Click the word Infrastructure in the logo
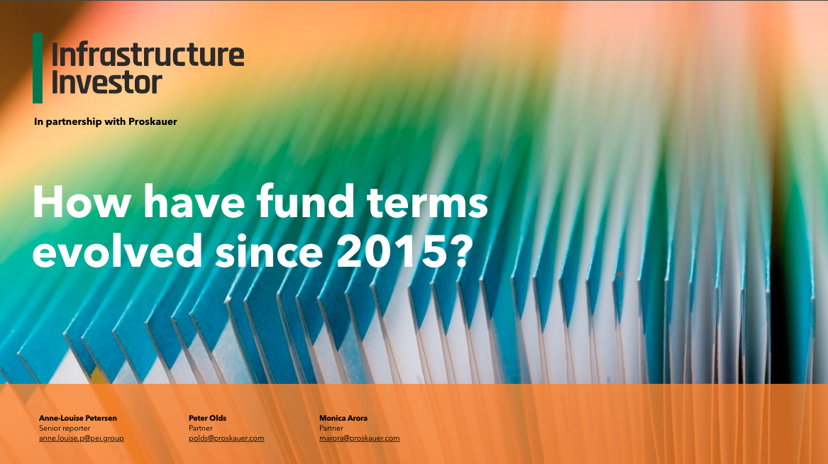point(148,55)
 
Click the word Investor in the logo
point(107,82)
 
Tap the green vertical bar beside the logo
point(38,67)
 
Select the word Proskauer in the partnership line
point(153,121)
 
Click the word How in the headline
point(78,203)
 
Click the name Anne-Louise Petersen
point(77,418)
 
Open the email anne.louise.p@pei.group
point(81,438)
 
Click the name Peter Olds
point(207,418)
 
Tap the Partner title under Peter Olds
point(201,428)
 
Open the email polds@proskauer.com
point(226,438)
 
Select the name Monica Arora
point(343,418)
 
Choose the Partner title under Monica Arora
point(331,428)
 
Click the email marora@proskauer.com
point(359,438)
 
